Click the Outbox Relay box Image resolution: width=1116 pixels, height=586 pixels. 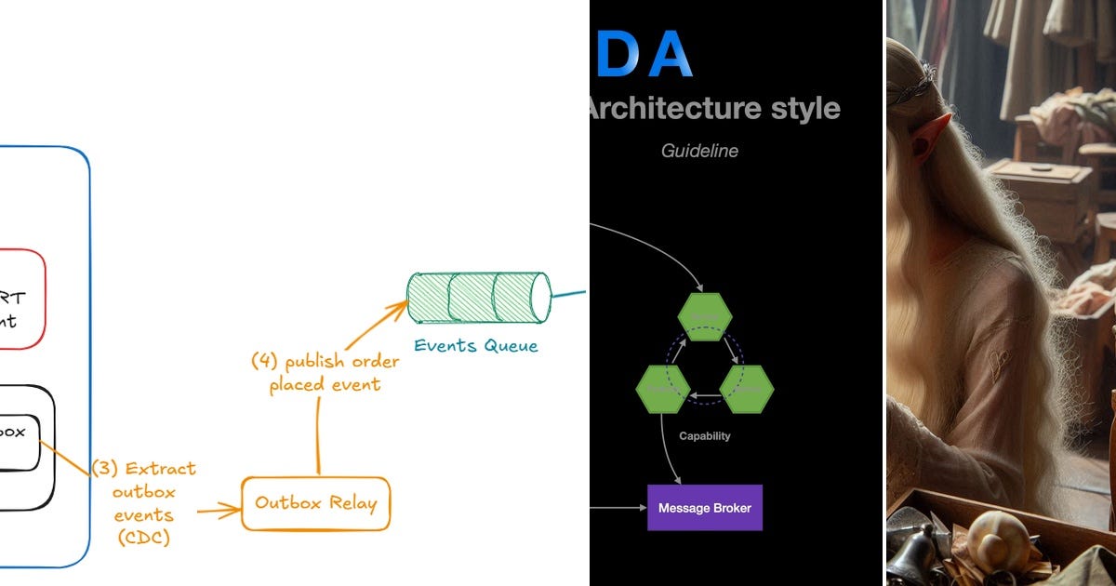(x=315, y=503)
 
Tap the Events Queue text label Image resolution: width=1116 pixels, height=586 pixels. (x=475, y=346)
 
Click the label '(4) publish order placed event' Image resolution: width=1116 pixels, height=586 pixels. (x=325, y=373)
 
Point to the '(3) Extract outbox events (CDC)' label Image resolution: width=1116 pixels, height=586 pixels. (x=144, y=502)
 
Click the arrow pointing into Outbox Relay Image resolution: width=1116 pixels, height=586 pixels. (x=219, y=509)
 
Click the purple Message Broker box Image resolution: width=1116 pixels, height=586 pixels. (x=704, y=508)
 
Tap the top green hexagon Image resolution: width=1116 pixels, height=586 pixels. (x=704, y=317)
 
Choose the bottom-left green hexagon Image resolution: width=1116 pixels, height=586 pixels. (x=662, y=389)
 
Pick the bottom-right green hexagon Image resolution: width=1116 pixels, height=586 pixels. (x=747, y=389)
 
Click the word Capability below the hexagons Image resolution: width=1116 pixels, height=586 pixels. (x=704, y=436)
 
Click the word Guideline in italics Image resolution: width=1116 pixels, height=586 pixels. (x=699, y=150)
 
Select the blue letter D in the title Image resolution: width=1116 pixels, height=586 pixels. (x=616, y=55)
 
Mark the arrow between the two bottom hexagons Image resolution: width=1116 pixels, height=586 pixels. (x=704, y=396)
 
